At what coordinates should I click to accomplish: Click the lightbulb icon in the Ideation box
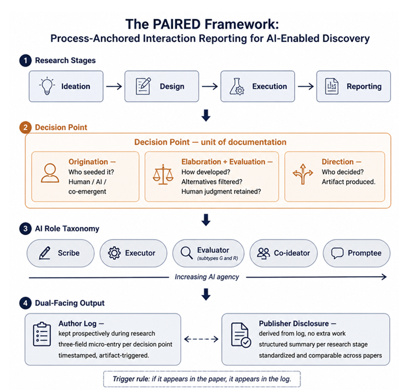tap(47, 86)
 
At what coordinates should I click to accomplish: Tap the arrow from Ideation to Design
tap(114, 87)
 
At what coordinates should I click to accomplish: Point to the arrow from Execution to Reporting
tap(306, 87)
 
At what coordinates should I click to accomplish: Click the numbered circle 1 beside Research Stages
tap(26, 61)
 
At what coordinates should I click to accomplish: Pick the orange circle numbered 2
tap(26, 128)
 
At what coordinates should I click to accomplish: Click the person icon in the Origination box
tap(50, 173)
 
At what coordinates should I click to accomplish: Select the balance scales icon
tap(163, 175)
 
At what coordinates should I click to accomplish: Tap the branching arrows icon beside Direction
tap(303, 174)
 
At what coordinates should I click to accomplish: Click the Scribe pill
tap(61, 253)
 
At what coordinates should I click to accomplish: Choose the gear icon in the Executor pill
tap(114, 253)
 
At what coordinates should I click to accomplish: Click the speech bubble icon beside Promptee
tap(337, 253)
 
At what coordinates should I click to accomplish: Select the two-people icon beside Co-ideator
tap(263, 253)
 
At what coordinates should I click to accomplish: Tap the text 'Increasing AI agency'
tap(207, 277)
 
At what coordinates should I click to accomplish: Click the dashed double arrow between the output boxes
tap(201, 339)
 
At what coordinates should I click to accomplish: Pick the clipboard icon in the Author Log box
tap(42, 334)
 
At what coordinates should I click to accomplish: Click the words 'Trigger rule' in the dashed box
tap(131, 379)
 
